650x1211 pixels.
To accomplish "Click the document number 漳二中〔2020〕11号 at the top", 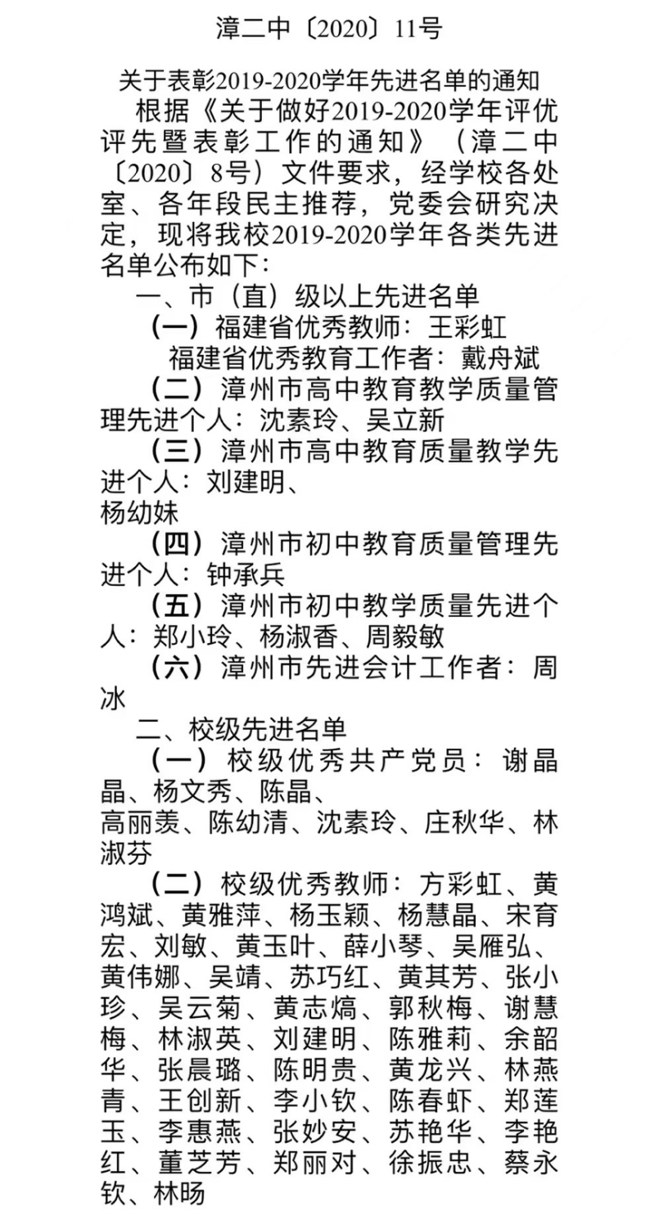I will [328, 29].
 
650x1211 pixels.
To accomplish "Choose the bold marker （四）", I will [185, 543].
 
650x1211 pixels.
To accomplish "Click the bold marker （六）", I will [185, 667].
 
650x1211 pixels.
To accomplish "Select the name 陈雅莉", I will [425, 1040].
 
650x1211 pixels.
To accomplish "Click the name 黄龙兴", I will [425, 1070].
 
